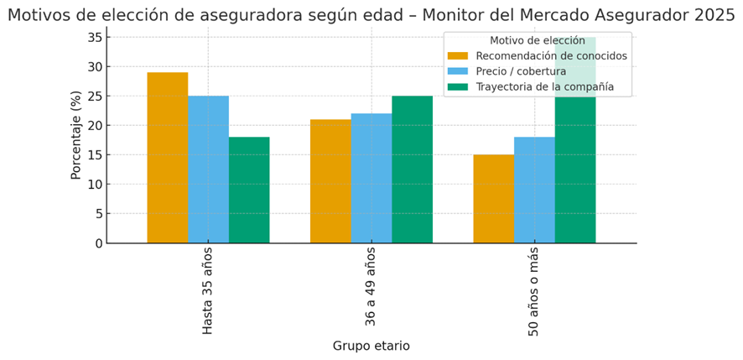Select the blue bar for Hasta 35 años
click(208, 170)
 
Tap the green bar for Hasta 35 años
click(249, 190)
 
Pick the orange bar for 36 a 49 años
click(330, 181)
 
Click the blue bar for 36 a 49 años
click(371, 178)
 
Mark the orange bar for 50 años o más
click(493, 199)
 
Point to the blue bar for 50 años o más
click(534, 190)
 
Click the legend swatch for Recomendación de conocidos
click(458, 56)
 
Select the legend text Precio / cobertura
click(521, 71)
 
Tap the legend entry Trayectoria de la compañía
click(544, 86)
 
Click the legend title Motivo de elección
click(537, 40)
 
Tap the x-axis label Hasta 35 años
click(208, 290)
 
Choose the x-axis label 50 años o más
click(534, 292)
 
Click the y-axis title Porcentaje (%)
click(76, 135)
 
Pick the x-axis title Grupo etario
click(371, 346)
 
